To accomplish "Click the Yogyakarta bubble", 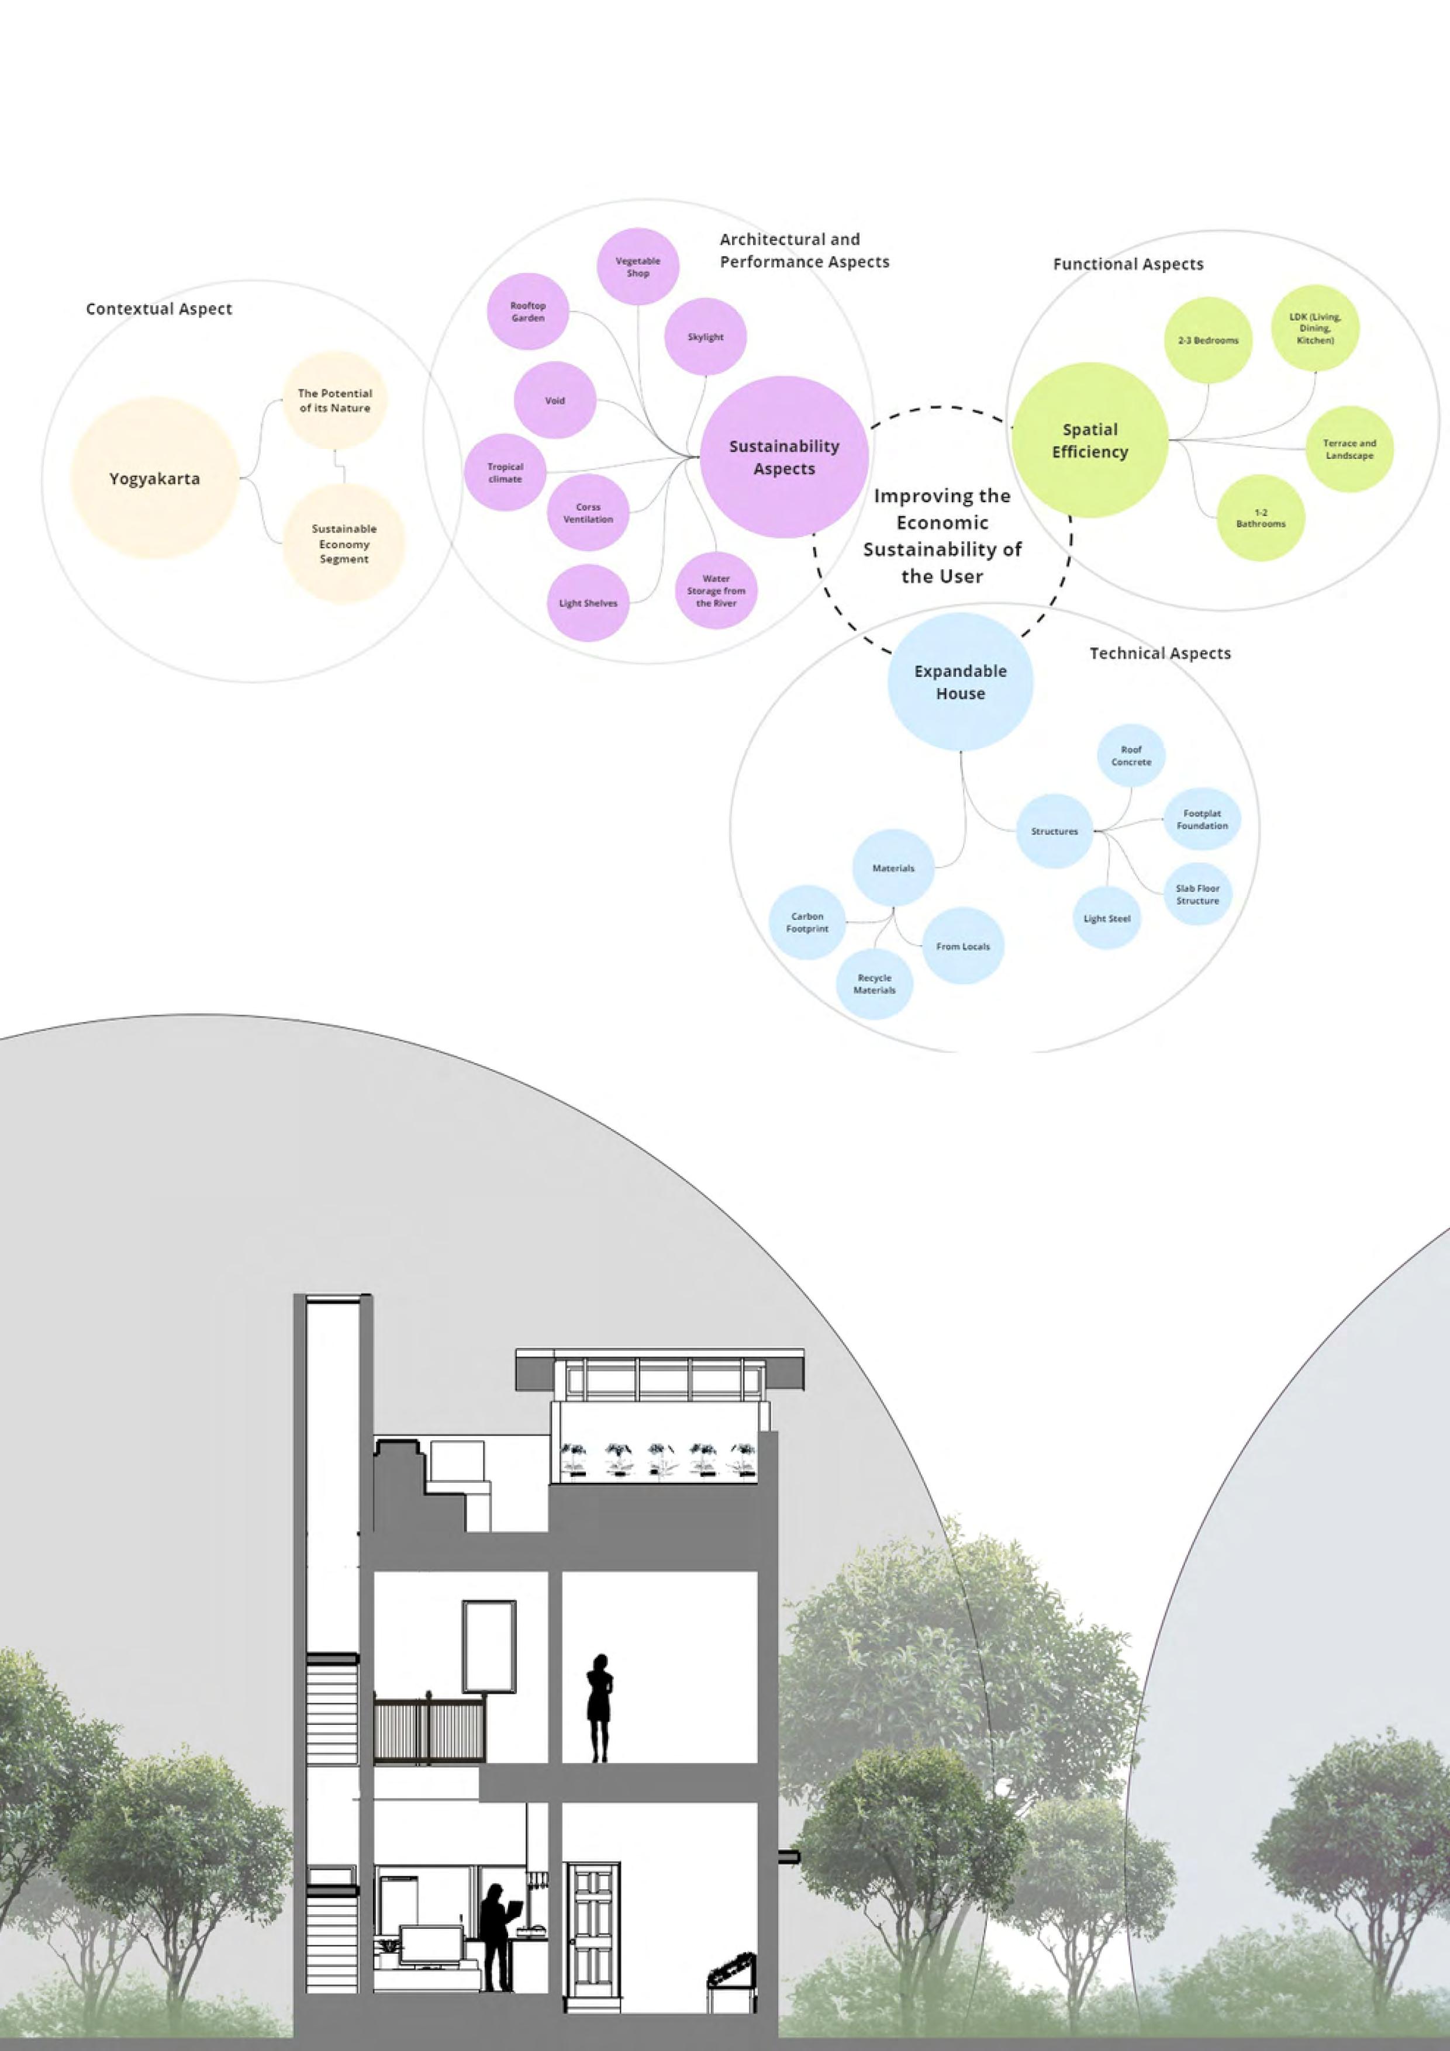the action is [x=154, y=479].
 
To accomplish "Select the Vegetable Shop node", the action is [x=638, y=267].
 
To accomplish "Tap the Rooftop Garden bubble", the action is [x=528, y=312].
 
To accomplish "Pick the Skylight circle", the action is [x=705, y=338].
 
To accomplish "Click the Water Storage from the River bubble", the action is [x=716, y=592].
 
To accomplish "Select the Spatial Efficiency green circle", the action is [x=1089, y=440].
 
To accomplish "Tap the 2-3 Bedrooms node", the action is [x=1208, y=340].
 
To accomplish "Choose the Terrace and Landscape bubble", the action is [x=1349, y=449].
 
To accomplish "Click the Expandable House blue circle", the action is [x=961, y=682].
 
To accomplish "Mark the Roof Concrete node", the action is [x=1131, y=756].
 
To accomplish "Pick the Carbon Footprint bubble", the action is [x=807, y=923].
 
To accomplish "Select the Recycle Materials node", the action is [x=875, y=984].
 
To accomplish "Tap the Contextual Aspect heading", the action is [x=159, y=309].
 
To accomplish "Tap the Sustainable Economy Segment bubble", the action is [x=344, y=544].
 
